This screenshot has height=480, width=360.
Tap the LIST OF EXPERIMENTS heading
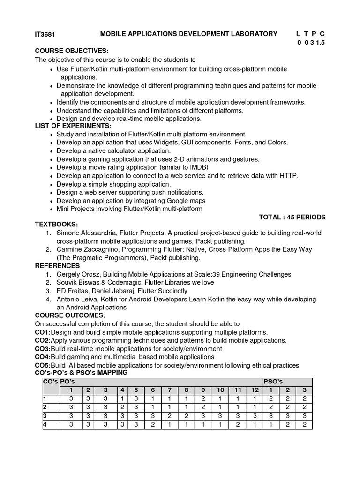click(73, 126)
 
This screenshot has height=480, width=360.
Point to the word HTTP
click(288, 176)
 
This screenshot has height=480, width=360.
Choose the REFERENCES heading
click(57, 266)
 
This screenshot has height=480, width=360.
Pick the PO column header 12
click(255, 390)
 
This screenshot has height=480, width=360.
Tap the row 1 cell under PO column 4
click(122, 398)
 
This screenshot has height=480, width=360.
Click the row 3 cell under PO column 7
click(170, 416)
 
